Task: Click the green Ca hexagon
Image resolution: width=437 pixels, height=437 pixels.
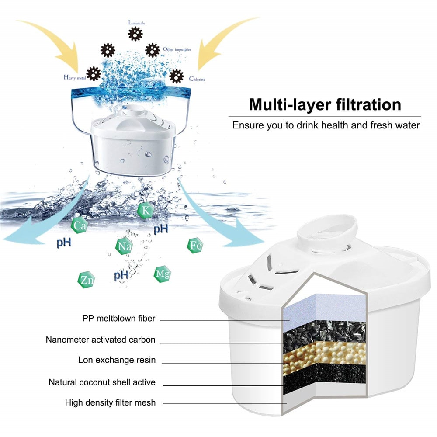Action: (79, 226)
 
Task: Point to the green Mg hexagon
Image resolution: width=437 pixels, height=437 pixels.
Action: (162, 274)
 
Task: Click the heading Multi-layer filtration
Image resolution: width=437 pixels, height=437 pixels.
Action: (325, 105)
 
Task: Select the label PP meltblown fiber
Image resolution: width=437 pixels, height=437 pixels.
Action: (118, 319)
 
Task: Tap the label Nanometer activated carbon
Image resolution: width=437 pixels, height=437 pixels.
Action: (101, 340)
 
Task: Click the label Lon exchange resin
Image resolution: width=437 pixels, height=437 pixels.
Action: (117, 361)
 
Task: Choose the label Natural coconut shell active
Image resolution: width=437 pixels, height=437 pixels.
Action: (102, 382)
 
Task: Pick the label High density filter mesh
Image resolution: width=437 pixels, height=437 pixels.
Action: (110, 402)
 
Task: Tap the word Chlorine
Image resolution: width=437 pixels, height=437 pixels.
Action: (197, 80)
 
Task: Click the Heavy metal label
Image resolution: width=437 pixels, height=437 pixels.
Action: (74, 78)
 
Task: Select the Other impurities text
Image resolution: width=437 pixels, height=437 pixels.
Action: (177, 49)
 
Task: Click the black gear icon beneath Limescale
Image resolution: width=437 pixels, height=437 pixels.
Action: (135, 34)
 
